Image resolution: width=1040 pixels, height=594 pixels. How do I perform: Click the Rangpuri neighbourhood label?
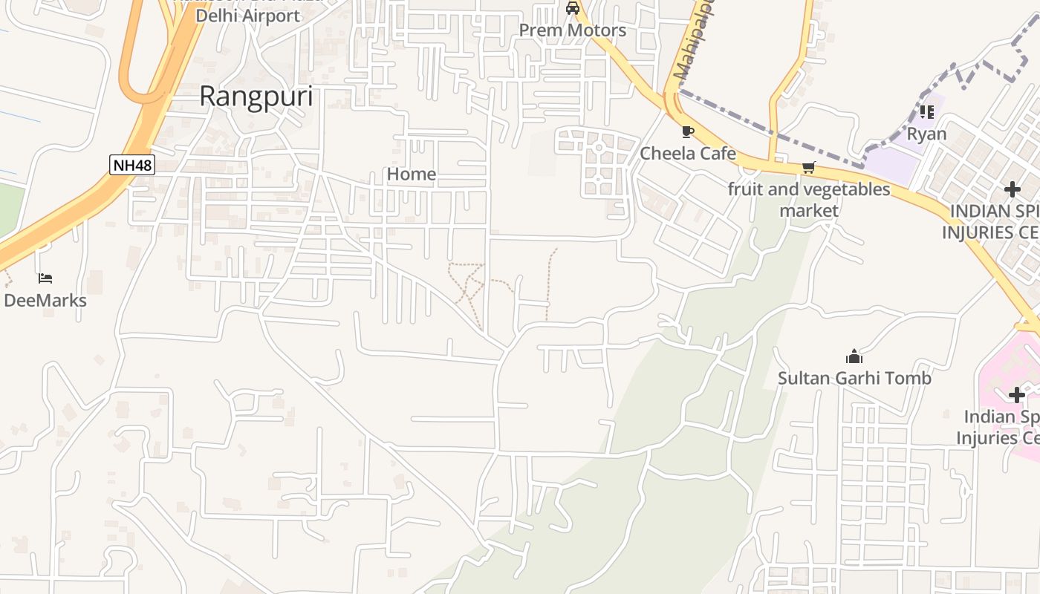[256, 97]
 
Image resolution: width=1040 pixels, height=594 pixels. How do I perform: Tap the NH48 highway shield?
[132, 165]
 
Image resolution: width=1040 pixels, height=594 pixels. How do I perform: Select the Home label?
[412, 174]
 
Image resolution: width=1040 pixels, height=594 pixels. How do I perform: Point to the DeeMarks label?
[45, 301]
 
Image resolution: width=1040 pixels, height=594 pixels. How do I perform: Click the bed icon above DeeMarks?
[45, 278]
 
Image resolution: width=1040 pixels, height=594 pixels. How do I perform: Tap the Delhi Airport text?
[248, 16]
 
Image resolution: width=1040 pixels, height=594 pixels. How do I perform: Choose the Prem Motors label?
[572, 30]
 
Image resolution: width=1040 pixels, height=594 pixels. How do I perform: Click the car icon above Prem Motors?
[572, 9]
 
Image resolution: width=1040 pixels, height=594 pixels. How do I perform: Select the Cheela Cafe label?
[688, 154]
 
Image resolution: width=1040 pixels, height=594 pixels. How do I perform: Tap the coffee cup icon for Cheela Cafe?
[688, 132]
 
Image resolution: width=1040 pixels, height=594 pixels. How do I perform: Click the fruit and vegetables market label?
[808, 200]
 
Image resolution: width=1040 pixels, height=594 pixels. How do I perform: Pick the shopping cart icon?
[808, 168]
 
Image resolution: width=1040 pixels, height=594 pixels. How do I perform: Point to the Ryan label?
[926, 134]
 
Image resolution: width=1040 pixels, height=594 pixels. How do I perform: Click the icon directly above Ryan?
[926, 112]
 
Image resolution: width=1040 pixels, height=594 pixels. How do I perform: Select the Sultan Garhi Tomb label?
[854, 379]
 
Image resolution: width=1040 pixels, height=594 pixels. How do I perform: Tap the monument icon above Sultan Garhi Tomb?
[854, 356]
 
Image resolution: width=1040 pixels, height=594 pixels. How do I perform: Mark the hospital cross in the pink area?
[1016, 395]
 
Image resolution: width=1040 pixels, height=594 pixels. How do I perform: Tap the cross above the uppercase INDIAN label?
[1012, 190]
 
